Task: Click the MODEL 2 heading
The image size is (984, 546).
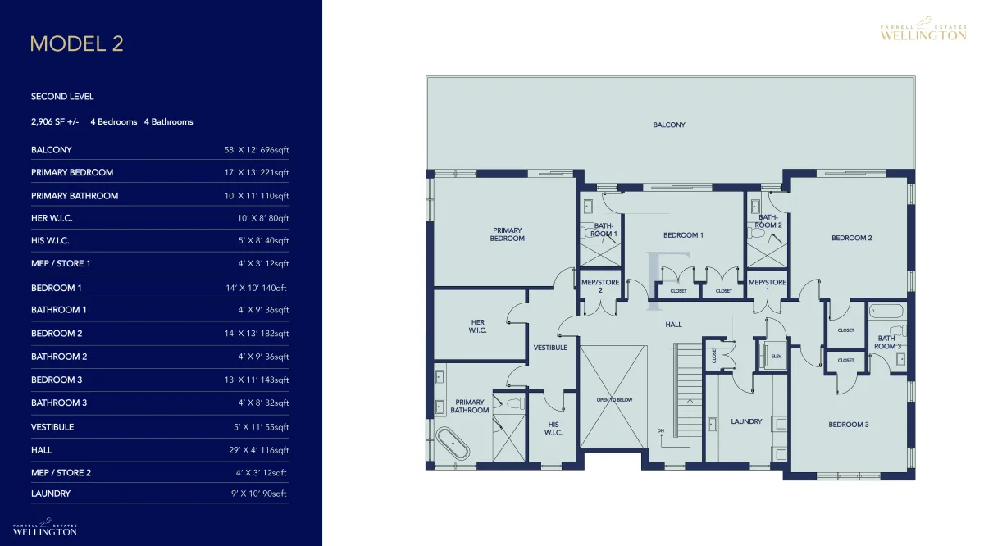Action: tap(77, 43)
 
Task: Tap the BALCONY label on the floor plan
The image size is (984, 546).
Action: tap(669, 125)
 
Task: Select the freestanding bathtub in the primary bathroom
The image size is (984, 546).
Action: tap(453, 444)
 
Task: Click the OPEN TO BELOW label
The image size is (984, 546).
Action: tap(614, 400)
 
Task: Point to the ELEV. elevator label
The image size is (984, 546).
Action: tap(777, 357)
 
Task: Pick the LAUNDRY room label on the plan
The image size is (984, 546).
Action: tap(746, 421)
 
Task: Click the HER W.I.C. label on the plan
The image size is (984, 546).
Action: tap(477, 326)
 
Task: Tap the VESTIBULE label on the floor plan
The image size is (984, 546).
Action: tap(550, 348)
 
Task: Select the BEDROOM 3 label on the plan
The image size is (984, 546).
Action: tap(848, 425)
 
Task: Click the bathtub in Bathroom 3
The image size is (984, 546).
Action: tap(887, 312)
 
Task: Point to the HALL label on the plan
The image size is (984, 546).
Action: tap(673, 325)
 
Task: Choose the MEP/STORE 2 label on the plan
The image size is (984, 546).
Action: tap(600, 286)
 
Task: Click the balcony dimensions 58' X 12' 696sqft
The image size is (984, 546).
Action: tap(257, 150)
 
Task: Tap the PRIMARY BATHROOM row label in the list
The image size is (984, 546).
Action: tap(75, 196)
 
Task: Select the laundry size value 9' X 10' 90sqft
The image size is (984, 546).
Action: tap(259, 494)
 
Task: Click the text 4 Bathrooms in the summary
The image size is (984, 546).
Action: tap(169, 121)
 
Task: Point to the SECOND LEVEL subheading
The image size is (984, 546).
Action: tap(62, 97)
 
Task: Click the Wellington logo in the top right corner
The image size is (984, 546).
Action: tap(923, 29)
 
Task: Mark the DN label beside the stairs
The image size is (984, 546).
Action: tap(661, 431)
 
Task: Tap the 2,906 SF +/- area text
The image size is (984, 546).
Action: tap(55, 121)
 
